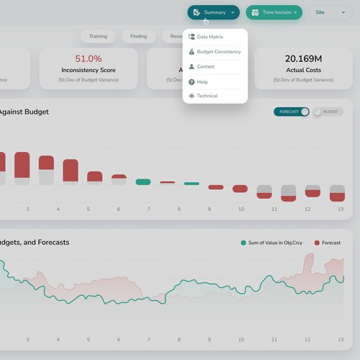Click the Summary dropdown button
[213, 12]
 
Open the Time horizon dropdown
[274, 12]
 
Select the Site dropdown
[330, 12]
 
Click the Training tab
[98, 36]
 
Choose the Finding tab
[138, 36]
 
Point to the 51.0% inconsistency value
[89, 58]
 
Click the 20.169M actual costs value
[303, 58]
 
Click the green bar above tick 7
[143, 182]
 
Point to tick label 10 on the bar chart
[241, 209]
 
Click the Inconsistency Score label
[89, 71]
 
